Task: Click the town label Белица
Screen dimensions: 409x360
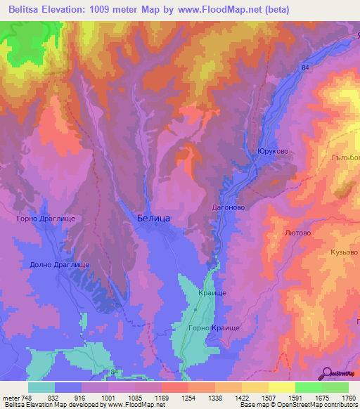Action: point(152,219)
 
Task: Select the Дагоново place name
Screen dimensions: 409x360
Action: point(228,207)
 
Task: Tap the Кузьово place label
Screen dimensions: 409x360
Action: point(344,251)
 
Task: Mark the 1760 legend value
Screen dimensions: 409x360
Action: point(349,398)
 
